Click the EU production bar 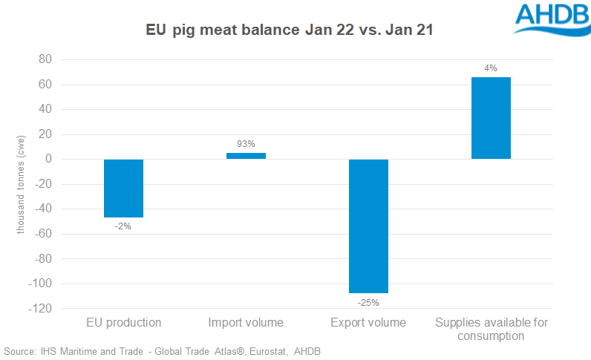123,188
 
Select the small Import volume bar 246,156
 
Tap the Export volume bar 368,226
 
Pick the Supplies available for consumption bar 491,118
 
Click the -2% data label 123,226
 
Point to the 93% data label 246,144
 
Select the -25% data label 368,302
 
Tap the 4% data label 491,68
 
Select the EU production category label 123,323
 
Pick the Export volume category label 368,323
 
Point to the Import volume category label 246,323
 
